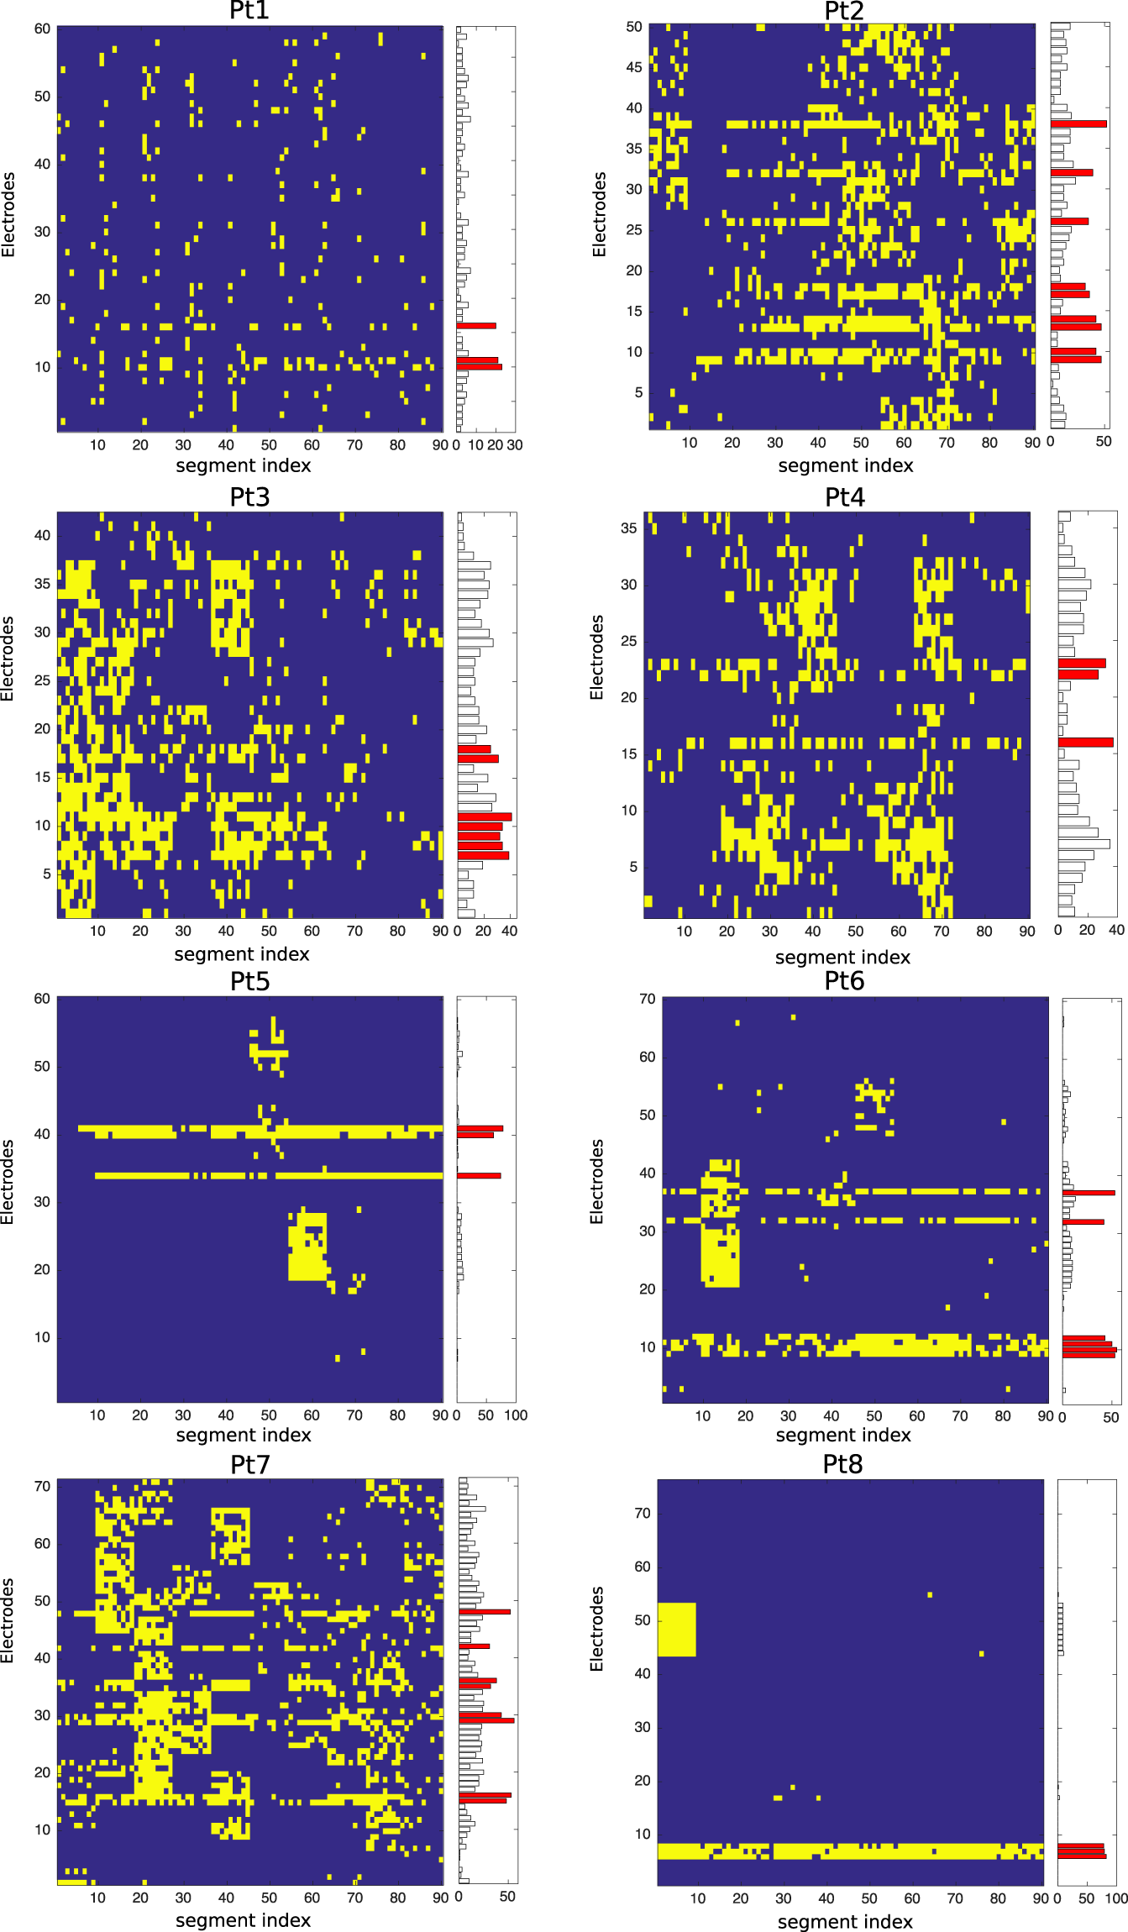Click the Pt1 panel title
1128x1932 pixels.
(x=249, y=11)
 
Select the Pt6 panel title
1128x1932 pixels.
(x=844, y=981)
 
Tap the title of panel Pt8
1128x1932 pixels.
(x=842, y=1464)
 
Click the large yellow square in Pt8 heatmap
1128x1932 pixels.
(x=676, y=1630)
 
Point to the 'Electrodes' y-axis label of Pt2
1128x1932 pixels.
(x=599, y=215)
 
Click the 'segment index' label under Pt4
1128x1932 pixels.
(x=842, y=957)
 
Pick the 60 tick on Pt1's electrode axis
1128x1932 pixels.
(x=42, y=29)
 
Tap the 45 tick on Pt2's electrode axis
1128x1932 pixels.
(x=634, y=67)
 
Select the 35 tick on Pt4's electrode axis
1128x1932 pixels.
(x=628, y=528)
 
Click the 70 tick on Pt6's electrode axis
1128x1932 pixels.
(x=647, y=999)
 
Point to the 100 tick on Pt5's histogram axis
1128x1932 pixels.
(x=516, y=1415)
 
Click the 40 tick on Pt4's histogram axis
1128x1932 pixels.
(x=1116, y=930)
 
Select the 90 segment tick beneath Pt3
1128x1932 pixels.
(x=440, y=931)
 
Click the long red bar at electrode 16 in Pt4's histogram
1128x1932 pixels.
(x=1085, y=743)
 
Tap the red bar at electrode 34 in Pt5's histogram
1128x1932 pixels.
(x=479, y=1175)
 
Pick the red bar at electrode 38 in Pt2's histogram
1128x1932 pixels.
(x=1078, y=123)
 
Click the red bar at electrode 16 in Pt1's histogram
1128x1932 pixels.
(x=476, y=325)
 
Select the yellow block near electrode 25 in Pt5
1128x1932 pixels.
(x=307, y=1247)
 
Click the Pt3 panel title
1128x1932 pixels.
(x=249, y=497)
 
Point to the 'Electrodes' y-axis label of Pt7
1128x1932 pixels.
(x=8, y=1621)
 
